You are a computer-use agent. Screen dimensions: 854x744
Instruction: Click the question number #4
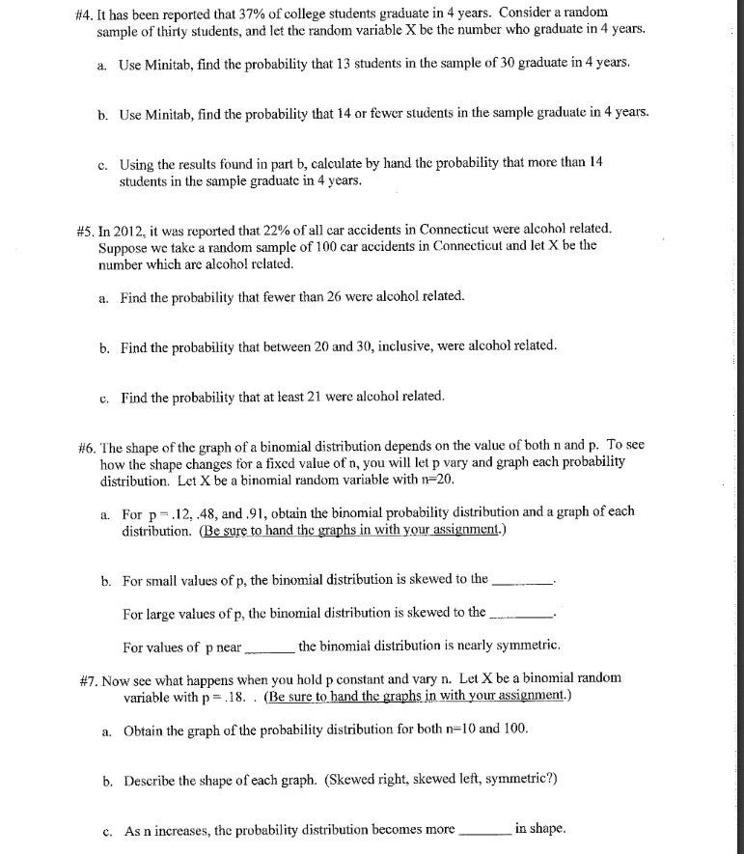83,13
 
